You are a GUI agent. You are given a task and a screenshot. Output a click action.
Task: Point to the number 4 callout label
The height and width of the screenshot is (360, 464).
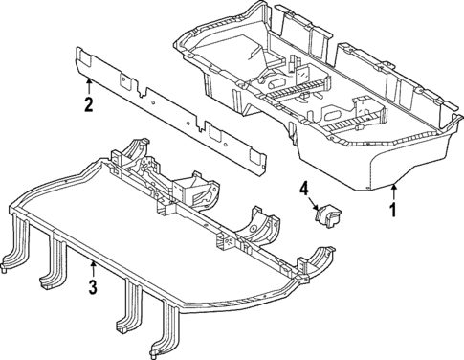pyautogui.click(x=306, y=191)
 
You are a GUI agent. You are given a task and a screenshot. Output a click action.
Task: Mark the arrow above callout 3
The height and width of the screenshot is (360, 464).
pyautogui.click(x=92, y=267)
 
